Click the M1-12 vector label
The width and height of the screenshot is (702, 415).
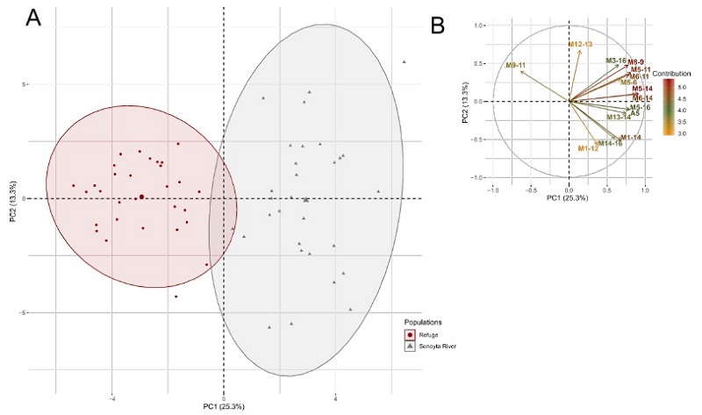coord(588,148)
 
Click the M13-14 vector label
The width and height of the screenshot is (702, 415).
coord(619,117)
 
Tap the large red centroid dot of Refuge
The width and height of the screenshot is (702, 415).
coord(141,197)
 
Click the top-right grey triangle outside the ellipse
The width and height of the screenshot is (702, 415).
coord(404,61)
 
